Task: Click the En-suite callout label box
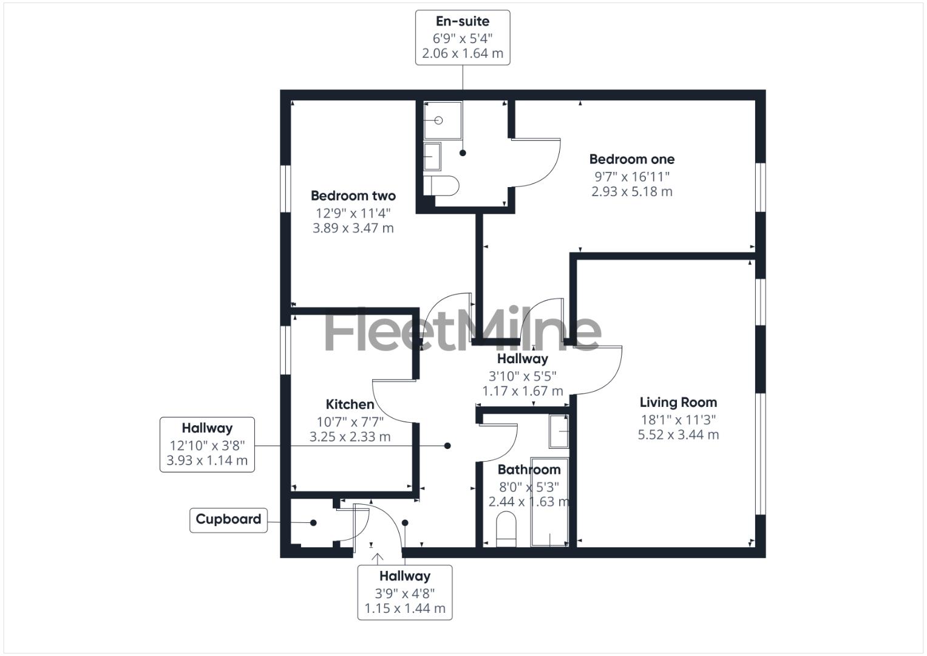click(462, 38)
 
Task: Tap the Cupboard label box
click(228, 520)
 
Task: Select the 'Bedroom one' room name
click(631, 159)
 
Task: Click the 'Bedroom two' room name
click(353, 196)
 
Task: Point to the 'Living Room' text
click(678, 402)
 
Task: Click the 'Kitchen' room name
click(350, 405)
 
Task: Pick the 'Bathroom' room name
click(529, 470)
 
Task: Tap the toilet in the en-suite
click(442, 186)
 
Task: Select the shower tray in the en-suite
click(442, 120)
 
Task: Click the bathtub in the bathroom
click(549, 501)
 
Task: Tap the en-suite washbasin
click(432, 157)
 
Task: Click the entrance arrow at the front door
click(378, 558)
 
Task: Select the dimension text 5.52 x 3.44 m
click(678, 435)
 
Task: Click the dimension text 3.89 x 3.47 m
click(353, 228)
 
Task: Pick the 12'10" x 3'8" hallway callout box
click(207, 444)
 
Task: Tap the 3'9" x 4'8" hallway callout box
click(404, 592)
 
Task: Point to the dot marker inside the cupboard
click(313, 522)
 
